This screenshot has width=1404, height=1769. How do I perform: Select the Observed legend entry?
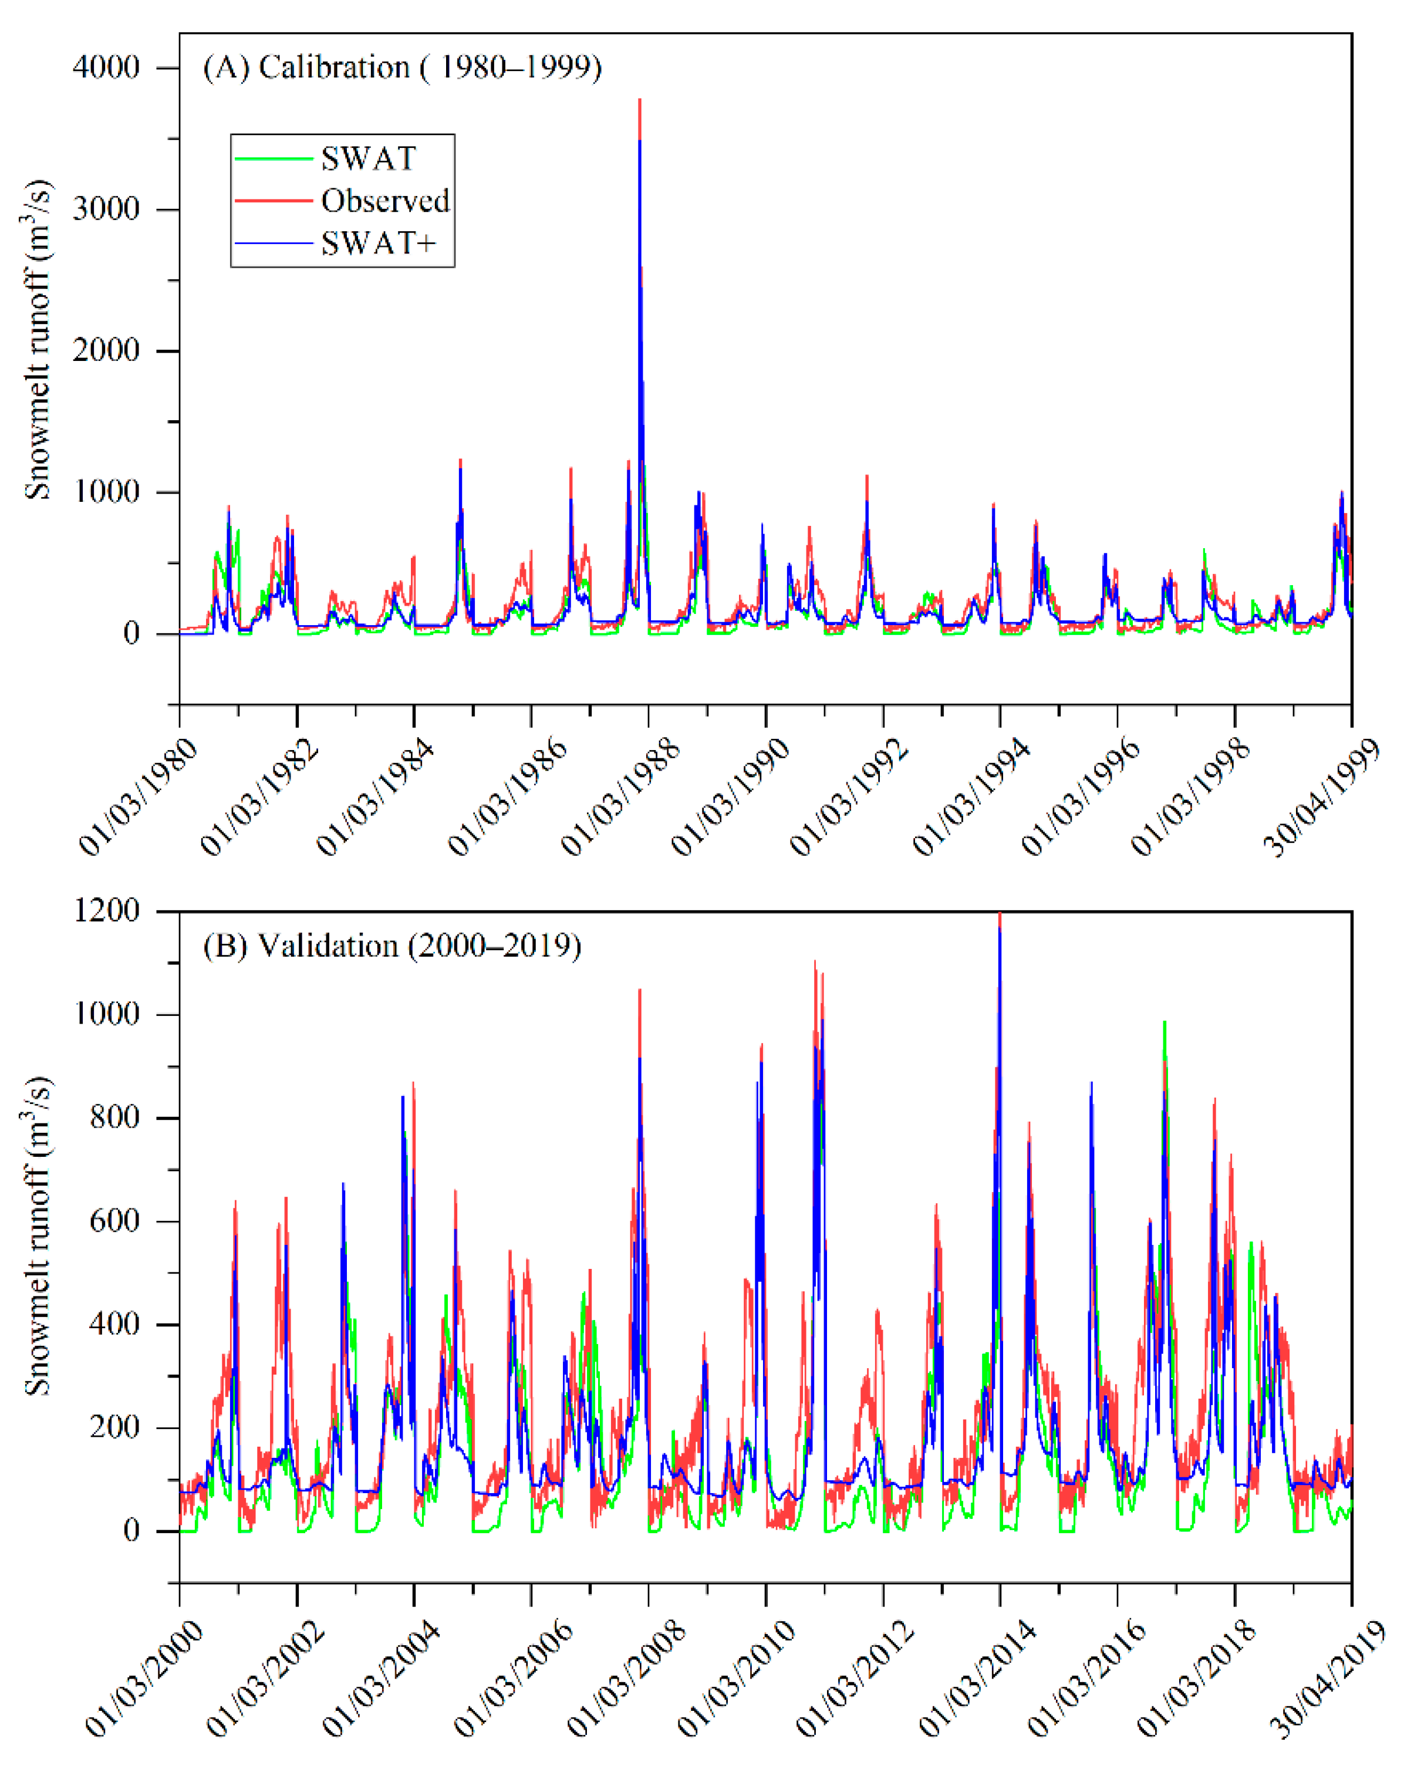385,201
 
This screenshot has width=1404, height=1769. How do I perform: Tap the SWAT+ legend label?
377,244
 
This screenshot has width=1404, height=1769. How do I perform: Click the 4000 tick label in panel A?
107,67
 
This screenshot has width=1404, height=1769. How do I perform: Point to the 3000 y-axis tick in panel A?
107,209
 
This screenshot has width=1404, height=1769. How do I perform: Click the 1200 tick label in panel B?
107,911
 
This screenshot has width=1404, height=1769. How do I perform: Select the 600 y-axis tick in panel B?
115,1221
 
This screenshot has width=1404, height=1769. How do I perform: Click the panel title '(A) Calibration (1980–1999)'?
402,67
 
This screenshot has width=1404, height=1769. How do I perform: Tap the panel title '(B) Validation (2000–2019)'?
392,946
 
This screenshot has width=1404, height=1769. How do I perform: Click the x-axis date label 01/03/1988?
620,798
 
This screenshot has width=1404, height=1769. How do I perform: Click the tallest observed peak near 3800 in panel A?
639,101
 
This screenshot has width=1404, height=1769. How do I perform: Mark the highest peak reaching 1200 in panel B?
1000,914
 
